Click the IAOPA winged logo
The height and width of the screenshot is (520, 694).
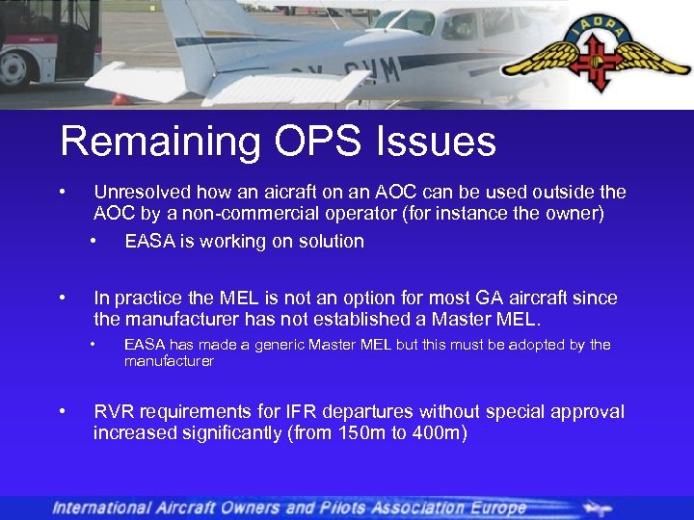point(597,55)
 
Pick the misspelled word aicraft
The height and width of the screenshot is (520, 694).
point(290,193)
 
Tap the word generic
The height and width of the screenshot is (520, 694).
point(280,345)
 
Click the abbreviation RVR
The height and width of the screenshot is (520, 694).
point(114,412)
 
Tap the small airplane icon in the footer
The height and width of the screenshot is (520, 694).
point(595,507)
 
